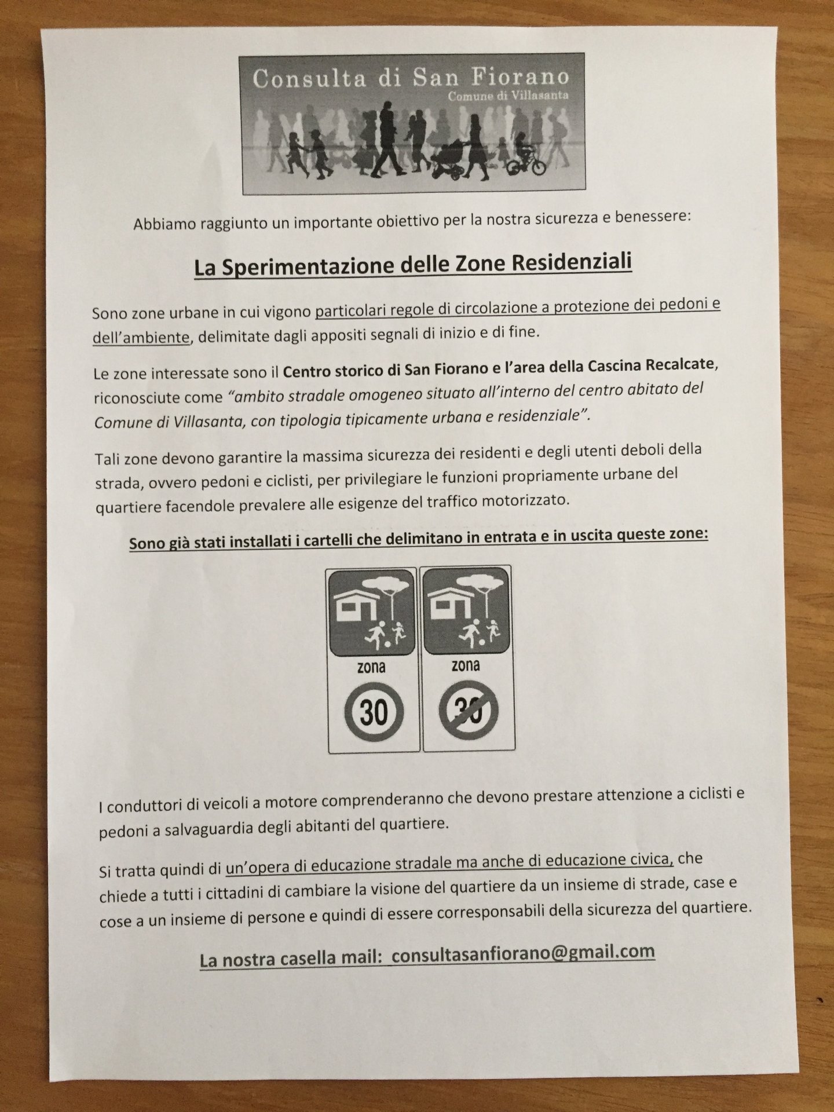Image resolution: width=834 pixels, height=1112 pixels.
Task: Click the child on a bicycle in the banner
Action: tap(525, 157)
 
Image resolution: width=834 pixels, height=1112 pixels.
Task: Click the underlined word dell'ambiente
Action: tap(141, 337)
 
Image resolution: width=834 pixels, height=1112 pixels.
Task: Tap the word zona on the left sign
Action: tap(372, 668)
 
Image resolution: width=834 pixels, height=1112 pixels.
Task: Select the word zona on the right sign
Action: tap(466, 665)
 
